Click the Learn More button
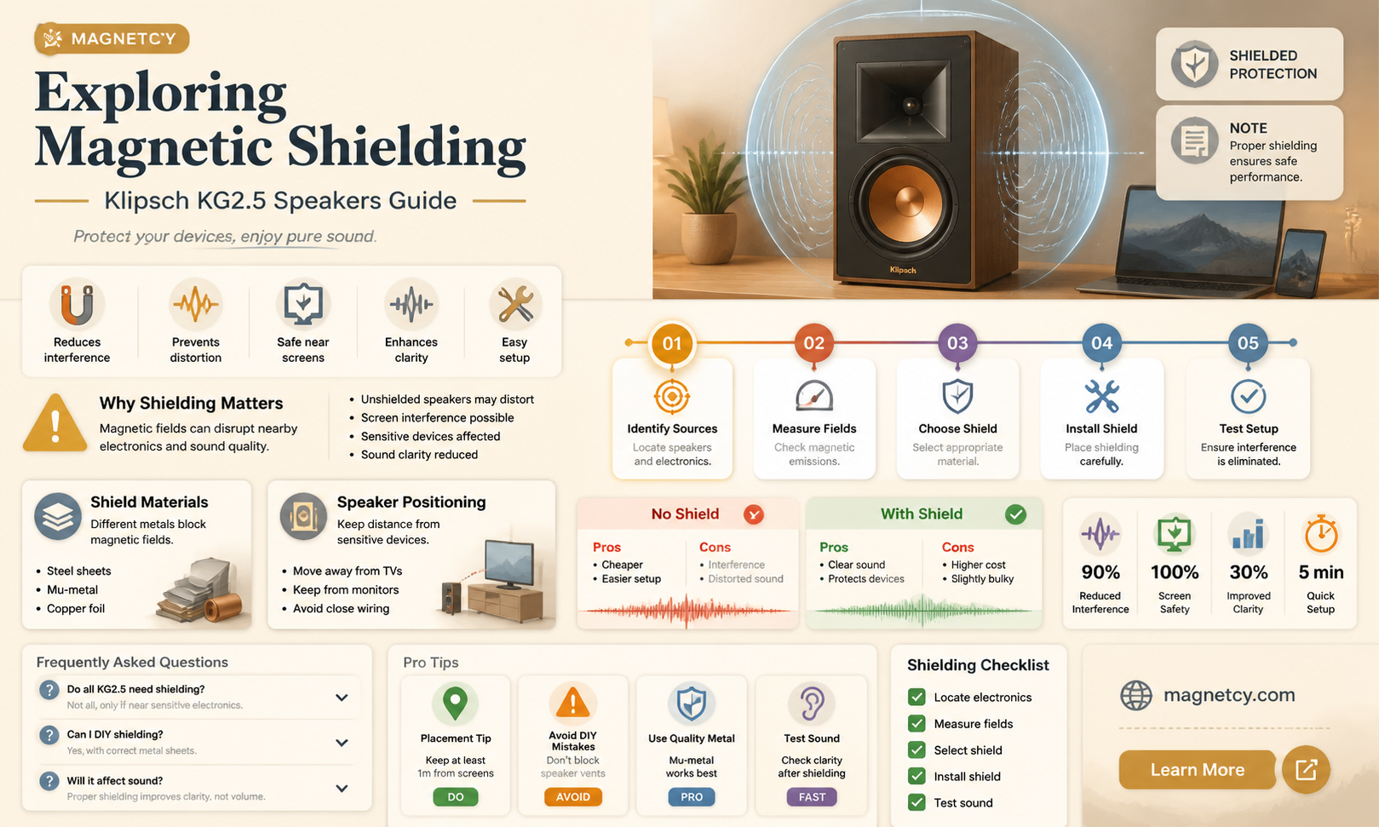(x=1197, y=770)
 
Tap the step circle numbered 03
(x=957, y=343)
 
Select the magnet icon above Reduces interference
(x=77, y=303)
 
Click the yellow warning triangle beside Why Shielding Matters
(x=55, y=422)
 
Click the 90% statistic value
(x=1100, y=572)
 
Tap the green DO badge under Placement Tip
(x=456, y=797)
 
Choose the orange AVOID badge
(x=573, y=797)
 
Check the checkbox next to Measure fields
(x=916, y=724)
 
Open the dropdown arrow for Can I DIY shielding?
(x=342, y=743)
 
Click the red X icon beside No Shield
(x=754, y=514)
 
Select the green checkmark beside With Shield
(x=1016, y=514)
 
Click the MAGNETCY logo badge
(x=112, y=39)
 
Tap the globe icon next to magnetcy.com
(x=1136, y=695)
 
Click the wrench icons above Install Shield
(x=1102, y=396)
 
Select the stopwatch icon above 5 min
(x=1321, y=533)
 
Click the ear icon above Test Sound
(x=812, y=703)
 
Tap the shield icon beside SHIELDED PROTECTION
(x=1195, y=64)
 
